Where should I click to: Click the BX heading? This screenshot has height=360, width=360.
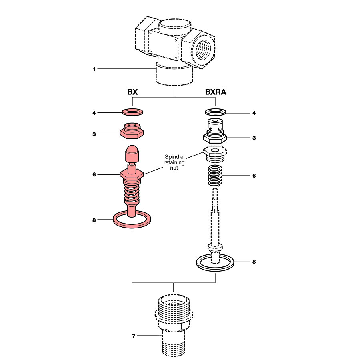click(132, 92)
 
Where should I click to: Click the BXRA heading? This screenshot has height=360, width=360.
click(216, 92)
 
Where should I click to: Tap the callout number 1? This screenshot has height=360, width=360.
click(94, 69)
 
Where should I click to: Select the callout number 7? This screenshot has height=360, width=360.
click(134, 336)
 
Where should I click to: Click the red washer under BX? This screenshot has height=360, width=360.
click(132, 111)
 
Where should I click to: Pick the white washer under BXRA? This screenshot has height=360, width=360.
click(215, 112)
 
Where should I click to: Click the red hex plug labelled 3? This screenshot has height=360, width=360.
click(132, 131)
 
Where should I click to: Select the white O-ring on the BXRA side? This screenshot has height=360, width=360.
click(215, 262)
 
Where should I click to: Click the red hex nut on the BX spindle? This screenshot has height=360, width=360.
click(132, 175)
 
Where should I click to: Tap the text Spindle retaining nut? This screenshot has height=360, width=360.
click(174, 162)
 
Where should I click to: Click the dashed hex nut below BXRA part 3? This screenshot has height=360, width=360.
click(215, 153)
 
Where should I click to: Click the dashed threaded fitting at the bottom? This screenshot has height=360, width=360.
click(174, 324)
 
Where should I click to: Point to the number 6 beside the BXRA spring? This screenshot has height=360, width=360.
click(254, 176)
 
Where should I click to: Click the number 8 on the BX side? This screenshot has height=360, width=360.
click(94, 220)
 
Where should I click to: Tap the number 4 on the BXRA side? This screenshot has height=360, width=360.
click(254, 113)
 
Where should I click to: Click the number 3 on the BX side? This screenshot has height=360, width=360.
click(94, 134)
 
